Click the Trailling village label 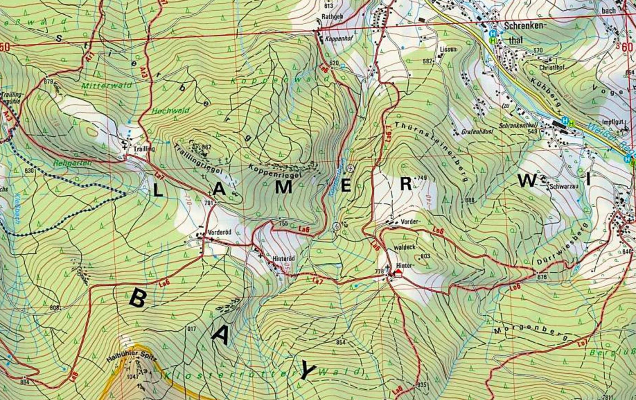click(x=144, y=149)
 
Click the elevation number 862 click(x=206, y=147)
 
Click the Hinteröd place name click(x=283, y=258)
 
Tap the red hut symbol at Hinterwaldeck click(x=397, y=273)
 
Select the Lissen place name click(x=448, y=49)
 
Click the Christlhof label click(x=552, y=68)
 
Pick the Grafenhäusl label click(x=477, y=132)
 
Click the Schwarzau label click(x=564, y=186)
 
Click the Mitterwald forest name click(x=106, y=85)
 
